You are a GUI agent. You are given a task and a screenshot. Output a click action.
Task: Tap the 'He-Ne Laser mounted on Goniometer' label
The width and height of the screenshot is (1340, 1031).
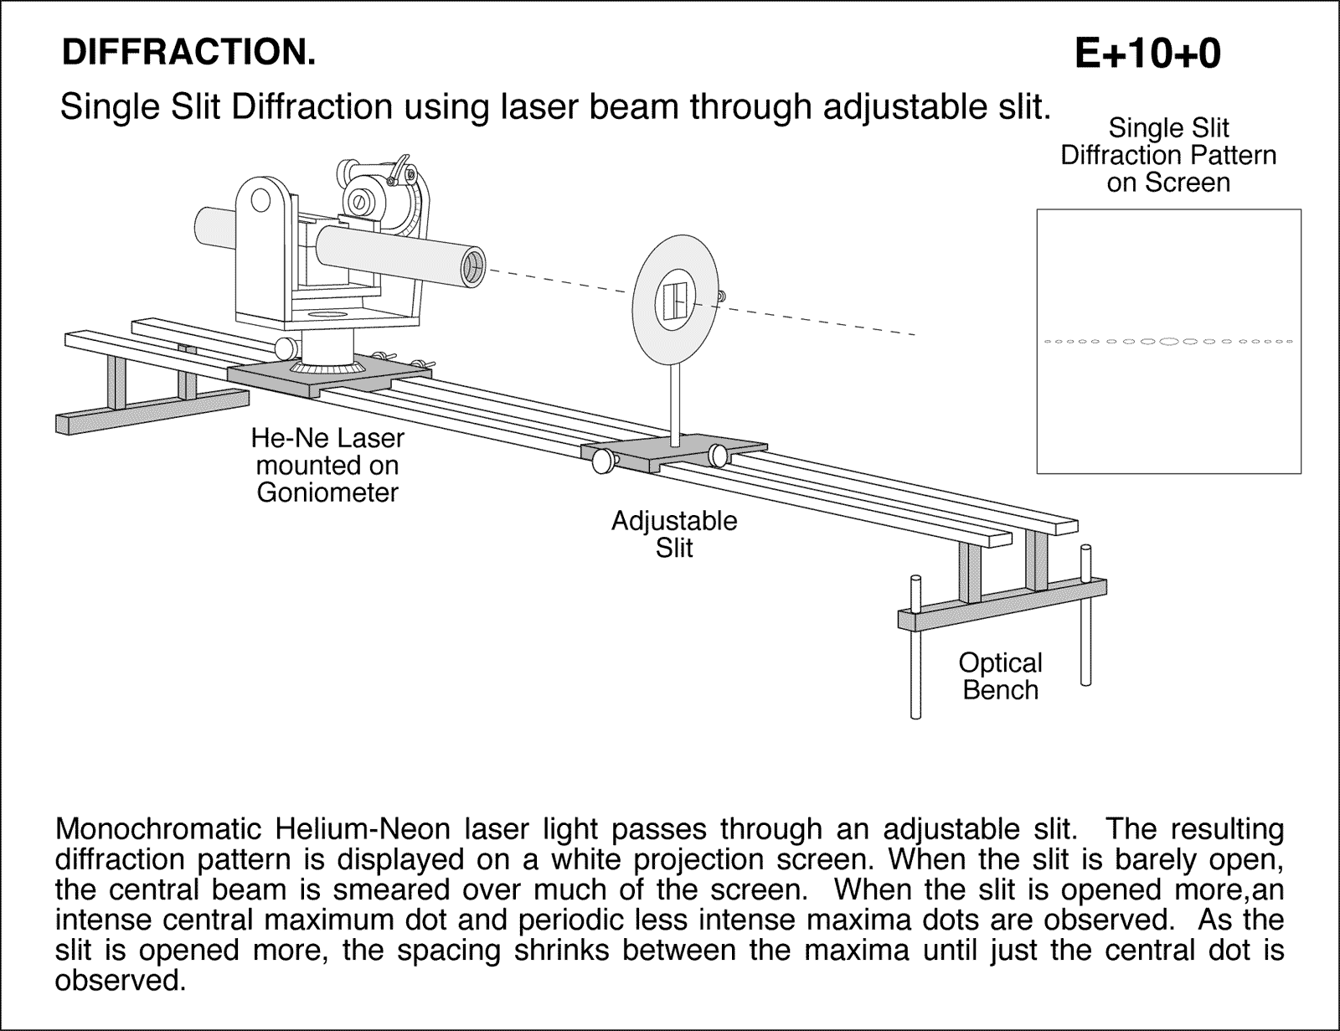(327, 465)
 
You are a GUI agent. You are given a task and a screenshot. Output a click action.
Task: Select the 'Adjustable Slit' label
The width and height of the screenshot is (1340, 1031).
(674, 534)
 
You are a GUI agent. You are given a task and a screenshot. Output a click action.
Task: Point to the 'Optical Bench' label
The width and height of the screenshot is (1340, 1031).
(1000, 676)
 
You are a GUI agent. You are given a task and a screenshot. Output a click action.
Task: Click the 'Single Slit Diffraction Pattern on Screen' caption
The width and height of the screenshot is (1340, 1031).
(1168, 156)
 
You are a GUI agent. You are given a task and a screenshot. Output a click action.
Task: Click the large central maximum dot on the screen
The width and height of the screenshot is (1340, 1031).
(1169, 341)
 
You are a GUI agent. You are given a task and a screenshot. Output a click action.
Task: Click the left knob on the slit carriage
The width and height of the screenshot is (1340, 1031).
(602, 460)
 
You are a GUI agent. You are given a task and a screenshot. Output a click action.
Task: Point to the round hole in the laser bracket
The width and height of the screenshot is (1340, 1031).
(260, 200)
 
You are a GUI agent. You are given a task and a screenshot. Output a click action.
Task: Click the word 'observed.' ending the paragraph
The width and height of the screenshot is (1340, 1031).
(120, 980)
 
